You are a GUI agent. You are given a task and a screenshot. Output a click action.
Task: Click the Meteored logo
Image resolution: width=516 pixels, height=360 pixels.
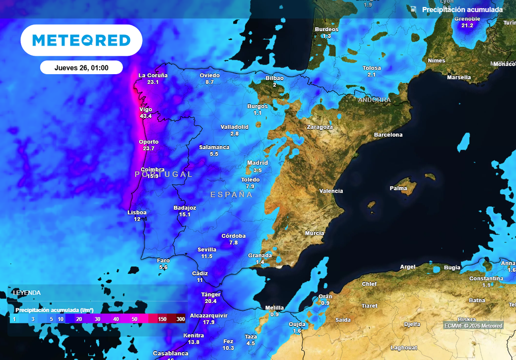[x=81, y=40]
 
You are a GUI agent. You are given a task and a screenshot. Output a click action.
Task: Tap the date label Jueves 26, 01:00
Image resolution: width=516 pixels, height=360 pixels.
[x=82, y=68]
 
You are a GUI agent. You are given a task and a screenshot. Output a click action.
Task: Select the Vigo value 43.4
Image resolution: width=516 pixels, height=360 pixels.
[x=146, y=116]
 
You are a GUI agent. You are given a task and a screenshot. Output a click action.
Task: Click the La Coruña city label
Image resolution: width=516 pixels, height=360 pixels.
[x=153, y=76]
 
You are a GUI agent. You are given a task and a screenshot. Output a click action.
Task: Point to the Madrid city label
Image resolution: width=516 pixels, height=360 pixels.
[x=257, y=163]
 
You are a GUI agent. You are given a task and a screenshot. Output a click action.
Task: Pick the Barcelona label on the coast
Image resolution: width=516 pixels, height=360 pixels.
[x=388, y=135]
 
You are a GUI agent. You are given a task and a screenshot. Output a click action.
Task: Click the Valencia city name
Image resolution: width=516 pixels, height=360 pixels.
[x=331, y=191]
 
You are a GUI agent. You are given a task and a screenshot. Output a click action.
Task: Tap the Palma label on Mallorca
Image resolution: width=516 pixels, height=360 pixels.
[x=398, y=188]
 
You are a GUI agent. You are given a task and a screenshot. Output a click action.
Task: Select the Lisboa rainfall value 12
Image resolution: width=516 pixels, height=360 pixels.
[x=137, y=219]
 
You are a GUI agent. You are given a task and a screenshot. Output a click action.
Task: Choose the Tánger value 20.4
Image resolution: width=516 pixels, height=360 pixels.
[x=211, y=301]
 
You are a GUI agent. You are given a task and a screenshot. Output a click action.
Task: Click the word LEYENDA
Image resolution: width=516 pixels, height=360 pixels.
[x=27, y=292]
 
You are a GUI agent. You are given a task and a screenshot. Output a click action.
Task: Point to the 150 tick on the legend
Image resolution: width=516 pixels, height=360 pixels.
[x=162, y=319]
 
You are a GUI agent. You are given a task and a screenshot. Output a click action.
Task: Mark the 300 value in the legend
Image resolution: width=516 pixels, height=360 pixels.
[x=180, y=319]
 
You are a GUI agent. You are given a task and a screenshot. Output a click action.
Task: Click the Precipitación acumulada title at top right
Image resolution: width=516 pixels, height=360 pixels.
[x=462, y=10]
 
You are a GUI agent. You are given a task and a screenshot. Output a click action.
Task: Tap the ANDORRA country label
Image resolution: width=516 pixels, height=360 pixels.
[x=374, y=100]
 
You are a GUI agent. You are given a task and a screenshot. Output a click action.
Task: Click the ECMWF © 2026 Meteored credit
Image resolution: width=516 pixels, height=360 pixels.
[x=473, y=326]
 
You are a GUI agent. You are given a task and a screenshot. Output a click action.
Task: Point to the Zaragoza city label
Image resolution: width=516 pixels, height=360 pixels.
[x=320, y=127]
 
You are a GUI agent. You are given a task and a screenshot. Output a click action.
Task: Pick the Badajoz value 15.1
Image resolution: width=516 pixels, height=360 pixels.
[x=184, y=214]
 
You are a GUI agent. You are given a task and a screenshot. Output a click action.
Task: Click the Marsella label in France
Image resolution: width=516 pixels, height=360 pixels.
[x=459, y=77]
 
